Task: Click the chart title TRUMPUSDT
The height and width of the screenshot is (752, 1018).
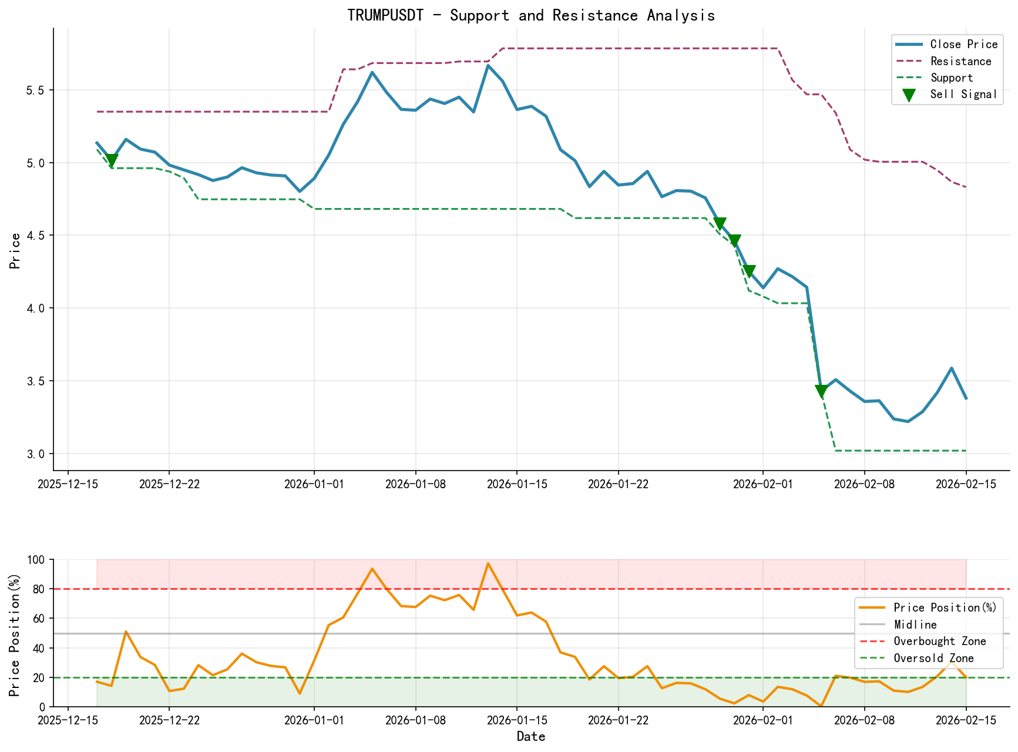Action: (530, 15)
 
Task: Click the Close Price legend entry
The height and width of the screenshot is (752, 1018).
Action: (963, 45)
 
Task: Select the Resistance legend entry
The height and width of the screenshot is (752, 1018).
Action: (960, 61)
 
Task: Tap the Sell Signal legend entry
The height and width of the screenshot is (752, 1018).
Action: (963, 95)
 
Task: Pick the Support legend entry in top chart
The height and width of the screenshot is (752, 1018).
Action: (952, 78)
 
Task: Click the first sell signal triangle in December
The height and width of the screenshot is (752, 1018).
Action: (112, 160)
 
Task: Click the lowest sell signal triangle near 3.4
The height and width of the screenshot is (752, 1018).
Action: (821, 391)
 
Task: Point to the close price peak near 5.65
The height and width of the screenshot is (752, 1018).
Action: (488, 66)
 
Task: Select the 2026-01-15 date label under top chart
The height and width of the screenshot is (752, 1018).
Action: (516, 484)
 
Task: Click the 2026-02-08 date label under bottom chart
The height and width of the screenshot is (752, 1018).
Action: (864, 720)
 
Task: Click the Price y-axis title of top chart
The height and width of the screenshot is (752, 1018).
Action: (16, 251)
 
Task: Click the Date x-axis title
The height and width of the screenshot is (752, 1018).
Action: (531, 737)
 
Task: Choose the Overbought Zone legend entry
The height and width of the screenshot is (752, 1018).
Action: (939, 642)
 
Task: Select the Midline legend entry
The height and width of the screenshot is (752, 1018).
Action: (915, 625)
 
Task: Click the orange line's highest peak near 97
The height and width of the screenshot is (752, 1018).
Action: (488, 563)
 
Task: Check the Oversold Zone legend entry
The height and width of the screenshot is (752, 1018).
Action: (933, 659)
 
